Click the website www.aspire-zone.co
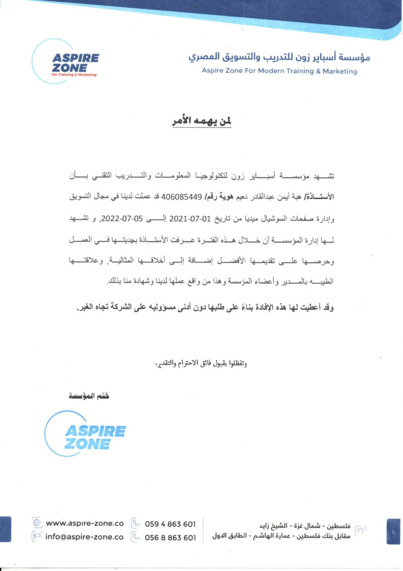tap(85, 523)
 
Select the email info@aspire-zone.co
tap(85, 537)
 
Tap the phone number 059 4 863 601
tap(170, 524)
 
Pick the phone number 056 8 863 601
tap(170, 538)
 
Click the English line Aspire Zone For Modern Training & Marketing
tap(279, 71)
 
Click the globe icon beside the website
tap(36, 523)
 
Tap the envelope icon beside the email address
tap(36, 537)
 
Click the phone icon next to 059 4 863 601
tap(135, 524)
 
